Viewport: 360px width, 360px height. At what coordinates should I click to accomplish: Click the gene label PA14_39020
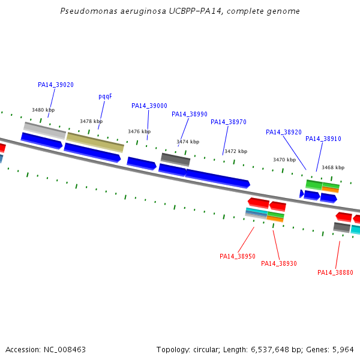click(x=56, y=85)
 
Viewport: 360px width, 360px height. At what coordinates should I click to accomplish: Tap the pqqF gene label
click(x=105, y=97)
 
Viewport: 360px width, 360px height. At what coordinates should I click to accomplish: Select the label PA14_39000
click(x=149, y=106)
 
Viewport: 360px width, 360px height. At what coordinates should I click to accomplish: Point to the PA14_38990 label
click(x=190, y=114)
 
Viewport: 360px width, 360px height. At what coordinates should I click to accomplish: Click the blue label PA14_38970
click(x=229, y=122)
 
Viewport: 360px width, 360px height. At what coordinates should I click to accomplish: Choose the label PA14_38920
click(x=284, y=132)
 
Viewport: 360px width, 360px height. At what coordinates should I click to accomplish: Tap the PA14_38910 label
click(x=323, y=139)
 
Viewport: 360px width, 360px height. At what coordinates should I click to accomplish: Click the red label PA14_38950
click(x=238, y=256)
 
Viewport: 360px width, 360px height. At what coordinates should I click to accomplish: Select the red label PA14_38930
click(x=279, y=263)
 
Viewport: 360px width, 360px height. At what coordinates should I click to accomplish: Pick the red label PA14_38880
click(x=335, y=272)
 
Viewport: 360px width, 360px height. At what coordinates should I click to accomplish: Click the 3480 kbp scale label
click(x=43, y=110)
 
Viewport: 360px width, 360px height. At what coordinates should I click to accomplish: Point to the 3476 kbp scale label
click(x=139, y=131)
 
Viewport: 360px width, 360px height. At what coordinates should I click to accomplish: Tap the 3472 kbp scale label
click(x=236, y=151)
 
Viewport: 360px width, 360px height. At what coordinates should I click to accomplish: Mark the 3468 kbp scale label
click(x=333, y=167)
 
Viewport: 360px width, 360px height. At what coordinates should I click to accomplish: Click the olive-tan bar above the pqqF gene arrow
click(x=95, y=142)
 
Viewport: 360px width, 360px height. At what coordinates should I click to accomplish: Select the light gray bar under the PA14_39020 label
click(x=44, y=131)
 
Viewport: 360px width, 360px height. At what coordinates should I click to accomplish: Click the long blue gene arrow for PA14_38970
click(x=217, y=179)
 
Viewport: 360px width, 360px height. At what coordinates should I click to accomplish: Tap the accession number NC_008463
click(x=65, y=350)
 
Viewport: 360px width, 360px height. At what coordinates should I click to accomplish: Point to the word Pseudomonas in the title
click(x=89, y=11)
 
